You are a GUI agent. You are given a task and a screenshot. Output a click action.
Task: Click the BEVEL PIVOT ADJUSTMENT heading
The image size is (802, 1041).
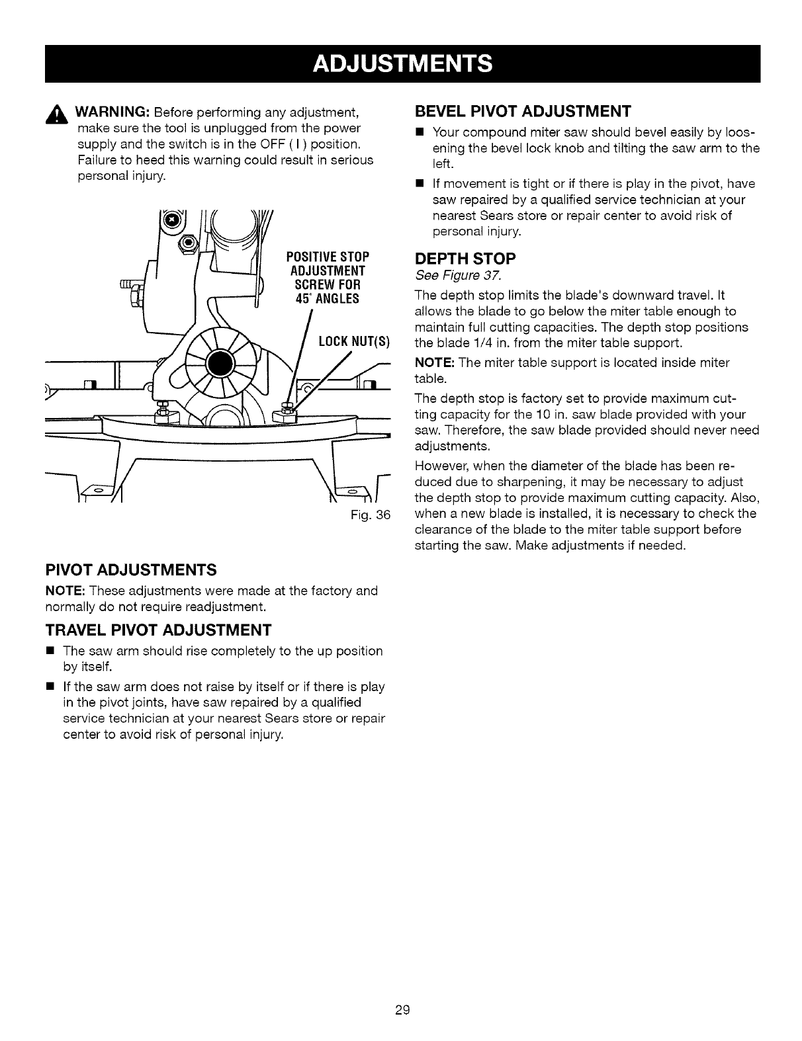click(522, 109)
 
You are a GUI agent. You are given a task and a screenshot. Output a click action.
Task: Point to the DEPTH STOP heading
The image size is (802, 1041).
click(465, 257)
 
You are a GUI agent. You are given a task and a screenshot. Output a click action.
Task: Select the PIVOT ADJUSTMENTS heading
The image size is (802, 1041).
click(130, 569)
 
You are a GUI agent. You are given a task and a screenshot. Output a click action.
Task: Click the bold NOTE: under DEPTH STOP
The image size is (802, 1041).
click(434, 363)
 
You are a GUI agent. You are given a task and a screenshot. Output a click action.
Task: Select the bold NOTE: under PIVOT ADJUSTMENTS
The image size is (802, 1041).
click(66, 591)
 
